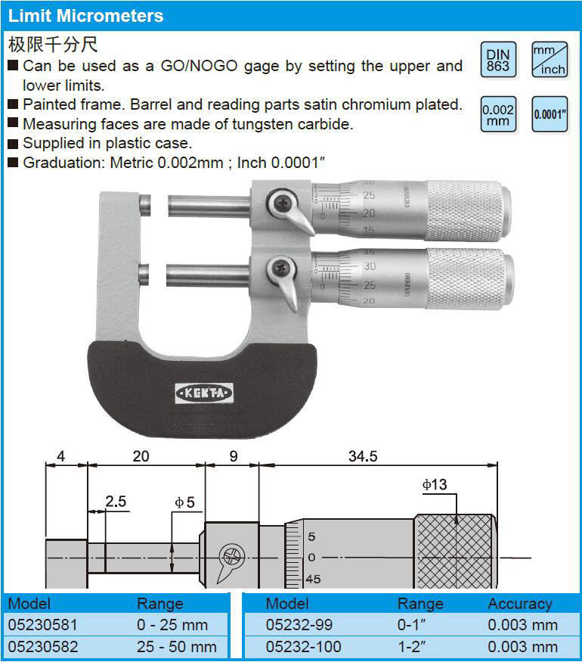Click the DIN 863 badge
click(498, 60)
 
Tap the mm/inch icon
click(549, 60)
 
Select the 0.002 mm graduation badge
click(498, 114)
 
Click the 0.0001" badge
click(549, 114)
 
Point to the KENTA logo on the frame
click(204, 393)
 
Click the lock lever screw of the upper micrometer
click(281, 204)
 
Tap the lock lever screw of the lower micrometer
click(280, 268)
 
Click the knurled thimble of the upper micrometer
click(468, 210)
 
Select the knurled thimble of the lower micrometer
click(470, 278)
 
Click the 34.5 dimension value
click(363, 456)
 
